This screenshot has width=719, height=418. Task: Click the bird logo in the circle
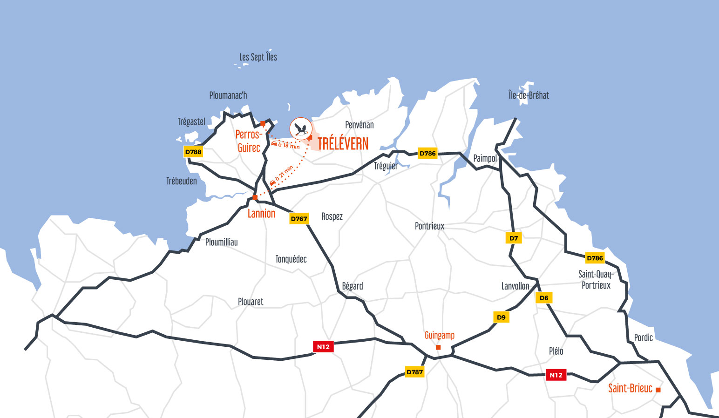click(301, 128)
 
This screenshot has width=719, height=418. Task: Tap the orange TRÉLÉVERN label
click(343, 144)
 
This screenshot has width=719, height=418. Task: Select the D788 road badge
click(193, 152)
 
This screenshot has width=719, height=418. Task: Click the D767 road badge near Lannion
click(299, 219)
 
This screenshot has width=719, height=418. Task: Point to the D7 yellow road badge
click(514, 238)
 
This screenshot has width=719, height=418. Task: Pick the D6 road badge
click(544, 298)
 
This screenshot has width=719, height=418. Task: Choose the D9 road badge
click(501, 317)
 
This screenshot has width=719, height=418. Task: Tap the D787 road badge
click(414, 372)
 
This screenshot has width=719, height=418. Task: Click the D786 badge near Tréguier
click(427, 153)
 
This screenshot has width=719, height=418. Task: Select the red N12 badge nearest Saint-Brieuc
click(556, 375)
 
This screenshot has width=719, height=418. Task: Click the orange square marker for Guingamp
click(438, 347)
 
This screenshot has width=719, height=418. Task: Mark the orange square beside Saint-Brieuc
click(658, 390)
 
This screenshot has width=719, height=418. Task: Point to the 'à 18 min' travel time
click(289, 146)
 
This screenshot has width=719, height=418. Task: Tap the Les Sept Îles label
click(258, 57)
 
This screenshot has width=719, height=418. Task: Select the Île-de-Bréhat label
click(529, 95)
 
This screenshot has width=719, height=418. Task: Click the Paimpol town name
click(485, 158)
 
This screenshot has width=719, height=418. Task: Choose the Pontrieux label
click(429, 226)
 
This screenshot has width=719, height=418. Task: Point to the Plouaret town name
click(251, 302)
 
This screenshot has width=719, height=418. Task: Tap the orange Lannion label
click(261, 214)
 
